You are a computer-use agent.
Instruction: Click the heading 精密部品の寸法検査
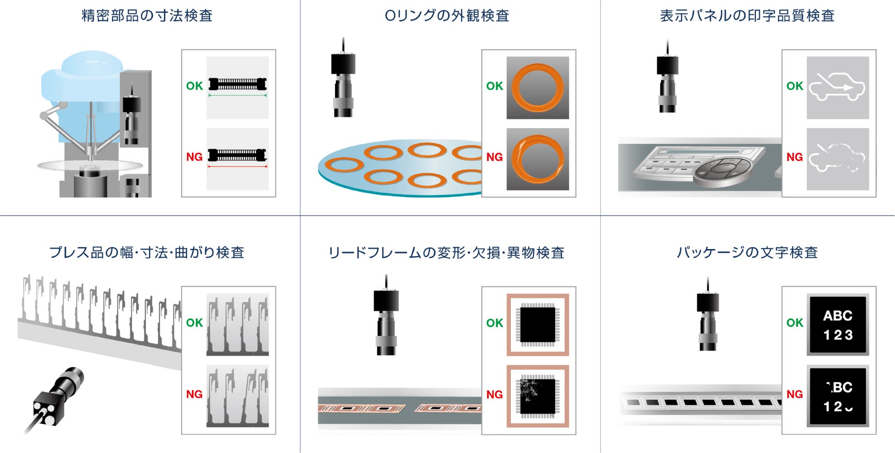[147, 16]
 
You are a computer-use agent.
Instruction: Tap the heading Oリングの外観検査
[447, 16]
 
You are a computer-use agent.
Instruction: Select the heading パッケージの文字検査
[747, 252]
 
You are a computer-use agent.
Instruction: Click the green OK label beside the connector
[194, 86]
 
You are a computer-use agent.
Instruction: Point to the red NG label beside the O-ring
[494, 157]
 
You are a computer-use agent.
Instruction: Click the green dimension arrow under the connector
[237, 95]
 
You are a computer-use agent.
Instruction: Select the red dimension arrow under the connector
[237, 167]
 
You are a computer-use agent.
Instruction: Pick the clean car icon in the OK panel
[837, 87]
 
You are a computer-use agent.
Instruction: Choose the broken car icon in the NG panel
[837, 158]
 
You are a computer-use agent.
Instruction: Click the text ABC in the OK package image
[838, 316]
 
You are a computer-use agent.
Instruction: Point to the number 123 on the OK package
[838, 335]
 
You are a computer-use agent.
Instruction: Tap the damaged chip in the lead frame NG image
[537, 396]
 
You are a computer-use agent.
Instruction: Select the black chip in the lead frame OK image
[537, 324]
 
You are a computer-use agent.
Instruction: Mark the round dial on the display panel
[722, 170]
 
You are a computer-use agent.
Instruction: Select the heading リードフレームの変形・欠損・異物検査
[446, 253]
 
